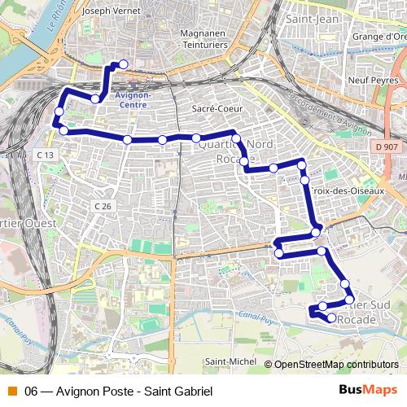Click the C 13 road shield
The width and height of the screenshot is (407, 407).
coord(45,155)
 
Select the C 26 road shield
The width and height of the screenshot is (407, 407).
coord(103,206)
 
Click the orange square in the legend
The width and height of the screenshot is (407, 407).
coord(12,391)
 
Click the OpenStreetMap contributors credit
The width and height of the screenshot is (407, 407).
coord(335,364)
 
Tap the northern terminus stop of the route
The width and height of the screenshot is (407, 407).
coord(124,64)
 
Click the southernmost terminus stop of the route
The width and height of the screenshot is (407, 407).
coord(331,317)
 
